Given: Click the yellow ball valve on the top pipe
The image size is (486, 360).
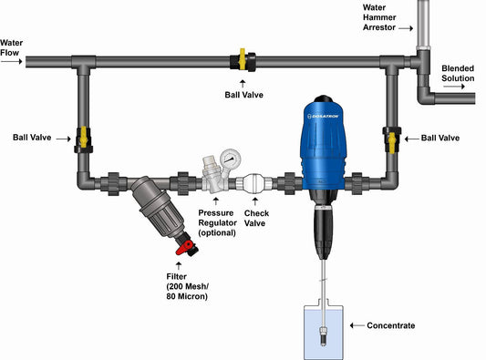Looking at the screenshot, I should coord(244,61).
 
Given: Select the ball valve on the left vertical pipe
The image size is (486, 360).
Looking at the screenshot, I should coord(82,139).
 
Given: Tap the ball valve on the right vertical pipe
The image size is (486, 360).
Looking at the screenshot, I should coord(394,139).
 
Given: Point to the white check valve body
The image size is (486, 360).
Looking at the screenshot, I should coord(253,181).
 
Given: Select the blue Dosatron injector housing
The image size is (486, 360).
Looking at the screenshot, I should coord(324,146).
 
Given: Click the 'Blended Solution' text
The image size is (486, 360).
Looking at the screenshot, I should coord(458,73).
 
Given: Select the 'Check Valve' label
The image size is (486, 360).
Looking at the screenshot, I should coord(255,219).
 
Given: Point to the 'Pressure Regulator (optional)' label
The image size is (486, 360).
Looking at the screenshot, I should coord(217,222).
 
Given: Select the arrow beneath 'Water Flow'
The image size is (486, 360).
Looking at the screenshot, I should coord(12,61).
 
